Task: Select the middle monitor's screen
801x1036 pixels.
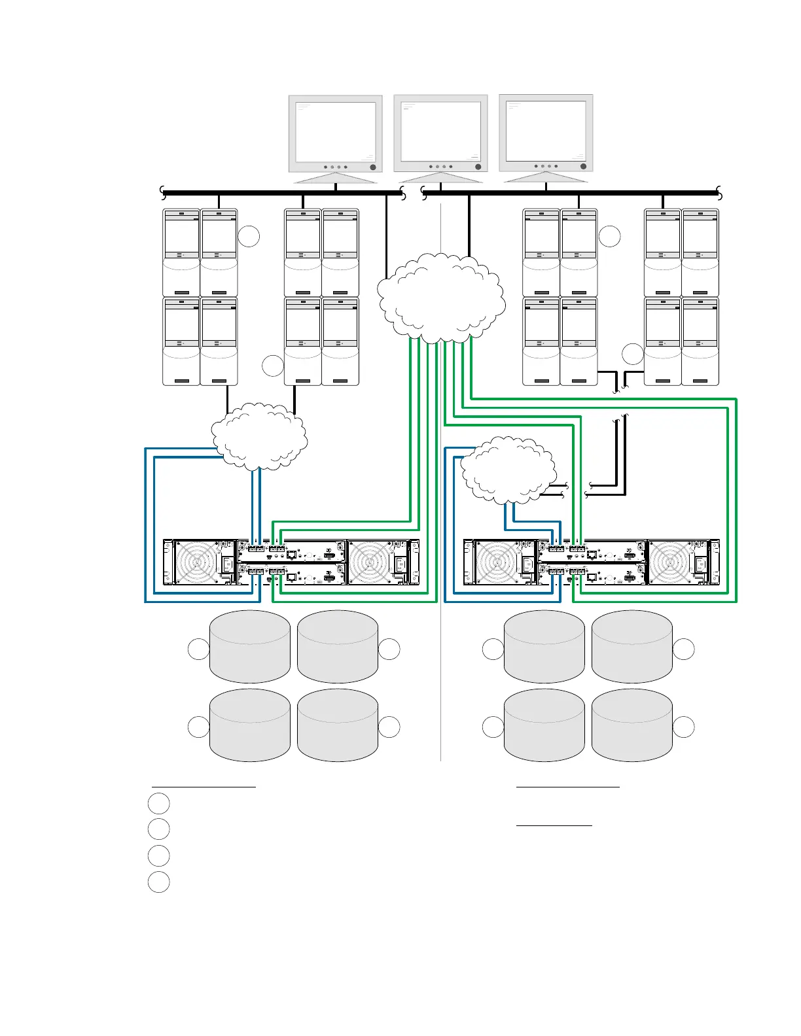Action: pos(440,131)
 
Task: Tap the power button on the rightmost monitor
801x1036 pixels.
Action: pos(584,166)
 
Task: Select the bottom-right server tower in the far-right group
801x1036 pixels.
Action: pos(700,341)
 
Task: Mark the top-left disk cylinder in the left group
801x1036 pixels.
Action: pos(250,647)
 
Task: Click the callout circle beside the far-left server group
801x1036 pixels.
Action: pos(249,236)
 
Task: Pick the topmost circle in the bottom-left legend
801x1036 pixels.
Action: pos(158,803)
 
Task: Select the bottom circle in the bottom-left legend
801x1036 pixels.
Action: pos(158,882)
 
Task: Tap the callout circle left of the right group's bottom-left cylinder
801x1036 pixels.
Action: pos(493,727)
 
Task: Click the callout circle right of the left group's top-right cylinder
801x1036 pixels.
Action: pos(389,649)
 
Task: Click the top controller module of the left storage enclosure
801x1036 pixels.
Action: pos(291,551)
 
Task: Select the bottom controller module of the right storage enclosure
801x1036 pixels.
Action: pos(592,574)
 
